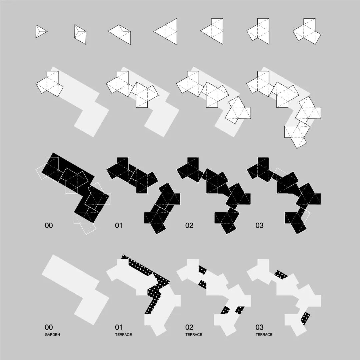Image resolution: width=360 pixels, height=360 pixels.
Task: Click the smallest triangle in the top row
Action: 40,31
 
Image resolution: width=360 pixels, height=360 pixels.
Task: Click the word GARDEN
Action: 52,335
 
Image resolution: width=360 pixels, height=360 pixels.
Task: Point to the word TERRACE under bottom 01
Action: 124,335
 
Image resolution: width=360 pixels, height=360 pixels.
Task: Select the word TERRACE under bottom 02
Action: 194,335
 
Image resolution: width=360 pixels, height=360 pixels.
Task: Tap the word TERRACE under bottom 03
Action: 264,335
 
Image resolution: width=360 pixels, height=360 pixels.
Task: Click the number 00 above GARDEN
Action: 49,327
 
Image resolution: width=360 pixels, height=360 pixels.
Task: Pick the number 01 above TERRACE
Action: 119,327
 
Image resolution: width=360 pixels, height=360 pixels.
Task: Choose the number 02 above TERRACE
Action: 189,327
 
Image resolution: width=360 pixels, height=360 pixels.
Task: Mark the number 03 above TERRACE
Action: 259,327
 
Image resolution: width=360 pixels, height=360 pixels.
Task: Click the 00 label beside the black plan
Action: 49,225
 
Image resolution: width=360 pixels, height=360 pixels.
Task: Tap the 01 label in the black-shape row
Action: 119,225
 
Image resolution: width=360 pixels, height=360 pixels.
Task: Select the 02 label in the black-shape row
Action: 189,225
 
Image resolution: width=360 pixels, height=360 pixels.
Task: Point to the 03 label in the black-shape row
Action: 259,225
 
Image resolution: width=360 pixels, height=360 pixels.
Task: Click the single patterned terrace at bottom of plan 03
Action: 305,318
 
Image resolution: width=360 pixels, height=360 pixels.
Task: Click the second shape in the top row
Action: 80,34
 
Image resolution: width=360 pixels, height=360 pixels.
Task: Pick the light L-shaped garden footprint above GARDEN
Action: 76,290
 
